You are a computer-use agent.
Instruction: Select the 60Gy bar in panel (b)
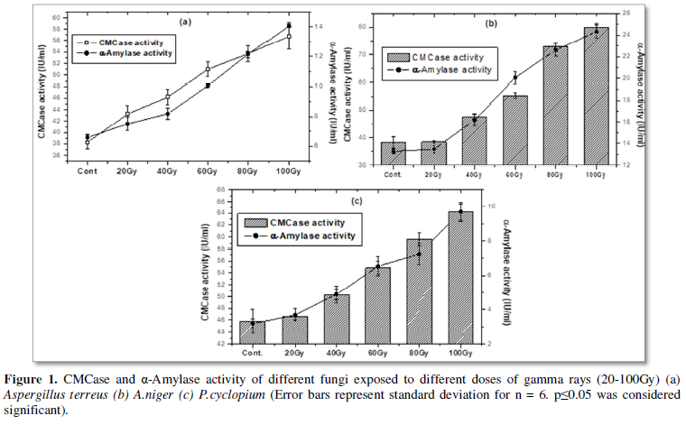pos(514,131)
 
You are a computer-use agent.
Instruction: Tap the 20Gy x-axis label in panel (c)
pos(294,353)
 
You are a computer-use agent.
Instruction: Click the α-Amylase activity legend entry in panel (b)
pos(447,69)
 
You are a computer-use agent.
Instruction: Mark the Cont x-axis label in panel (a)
pos(88,170)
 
